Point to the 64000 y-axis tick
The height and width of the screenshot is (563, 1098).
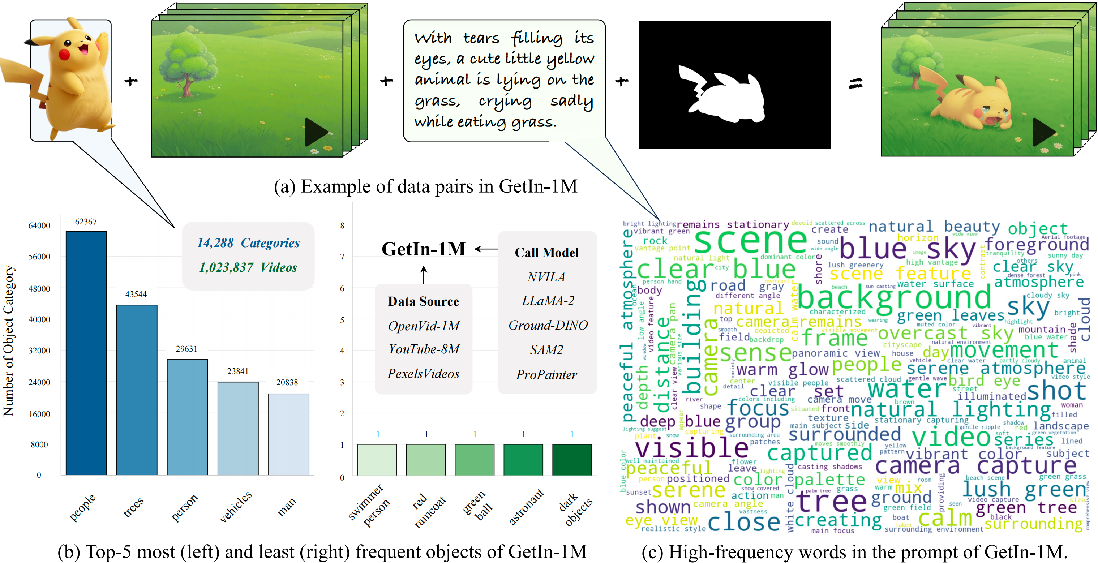pos(39,225)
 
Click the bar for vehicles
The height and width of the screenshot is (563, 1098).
pos(238,428)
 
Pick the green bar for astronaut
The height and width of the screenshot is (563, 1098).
pos(523,459)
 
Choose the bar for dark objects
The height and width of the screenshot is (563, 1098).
pos(572,459)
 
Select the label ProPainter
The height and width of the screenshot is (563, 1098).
pos(546,375)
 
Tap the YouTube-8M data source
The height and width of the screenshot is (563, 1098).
pos(424,349)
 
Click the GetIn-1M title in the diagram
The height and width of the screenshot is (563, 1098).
pos(423,249)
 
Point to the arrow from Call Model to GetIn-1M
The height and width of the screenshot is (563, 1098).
pos(485,249)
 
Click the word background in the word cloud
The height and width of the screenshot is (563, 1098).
pos(894,297)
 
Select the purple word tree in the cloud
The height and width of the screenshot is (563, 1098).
pos(831,501)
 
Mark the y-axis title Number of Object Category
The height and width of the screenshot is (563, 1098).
pos(9,341)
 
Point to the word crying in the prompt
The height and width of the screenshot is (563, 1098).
pos(505,101)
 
